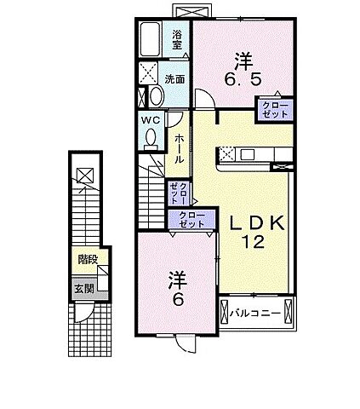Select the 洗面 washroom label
click(176, 78)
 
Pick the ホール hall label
click(180, 148)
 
